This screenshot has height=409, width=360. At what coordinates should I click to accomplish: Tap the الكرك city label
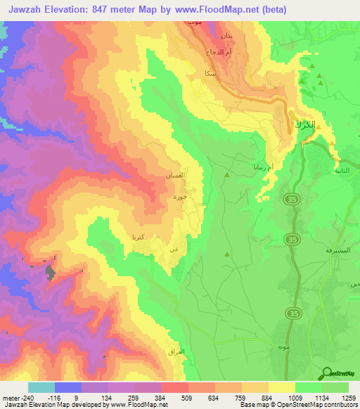(301, 125)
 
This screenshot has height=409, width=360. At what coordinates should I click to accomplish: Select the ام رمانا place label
(255, 167)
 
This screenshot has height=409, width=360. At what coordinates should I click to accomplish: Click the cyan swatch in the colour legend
(41, 387)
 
